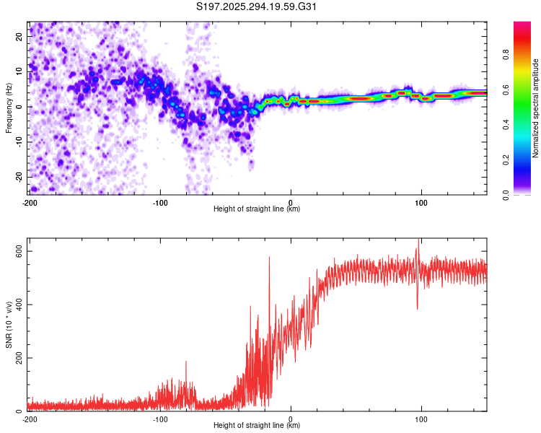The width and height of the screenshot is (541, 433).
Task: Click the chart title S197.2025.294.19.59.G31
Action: [258, 7]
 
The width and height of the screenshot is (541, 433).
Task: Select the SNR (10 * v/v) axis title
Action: [9, 325]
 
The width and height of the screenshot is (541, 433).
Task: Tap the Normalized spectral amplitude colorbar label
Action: [535, 108]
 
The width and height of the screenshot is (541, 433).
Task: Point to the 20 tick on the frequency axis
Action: [19, 35]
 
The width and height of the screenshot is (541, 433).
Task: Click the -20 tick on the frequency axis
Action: [17, 177]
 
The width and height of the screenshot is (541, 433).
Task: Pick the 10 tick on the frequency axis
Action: [19, 71]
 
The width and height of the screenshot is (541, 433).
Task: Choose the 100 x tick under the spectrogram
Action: [422, 202]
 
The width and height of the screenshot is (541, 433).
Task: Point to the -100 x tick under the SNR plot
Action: [160, 419]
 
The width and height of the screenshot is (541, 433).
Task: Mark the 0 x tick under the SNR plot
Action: [291, 419]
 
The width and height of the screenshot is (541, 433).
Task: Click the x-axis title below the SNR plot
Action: [258, 427]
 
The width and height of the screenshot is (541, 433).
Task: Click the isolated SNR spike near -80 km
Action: [186, 362]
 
